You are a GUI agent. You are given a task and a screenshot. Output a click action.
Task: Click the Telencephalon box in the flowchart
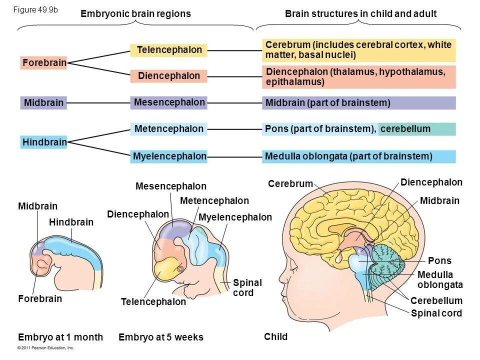pyautogui.click(x=169, y=50)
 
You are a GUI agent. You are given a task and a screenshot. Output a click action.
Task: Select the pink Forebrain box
pyautogui.click(x=44, y=63)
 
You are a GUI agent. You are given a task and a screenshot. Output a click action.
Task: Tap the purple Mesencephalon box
pyautogui.click(x=169, y=102)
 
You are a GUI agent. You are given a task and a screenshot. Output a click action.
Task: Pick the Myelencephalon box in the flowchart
pyautogui.click(x=169, y=156)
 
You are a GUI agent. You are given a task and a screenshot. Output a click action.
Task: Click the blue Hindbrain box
pyautogui.click(x=44, y=142)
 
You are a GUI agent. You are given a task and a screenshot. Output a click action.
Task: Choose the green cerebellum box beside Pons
pyautogui.click(x=416, y=129)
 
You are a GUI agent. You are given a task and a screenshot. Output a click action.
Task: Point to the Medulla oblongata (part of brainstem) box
pyautogui.click(x=358, y=156)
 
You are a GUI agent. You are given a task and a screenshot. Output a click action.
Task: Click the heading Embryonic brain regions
pyautogui.click(x=135, y=14)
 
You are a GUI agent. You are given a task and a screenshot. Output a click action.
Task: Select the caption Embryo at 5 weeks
pyautogui.click(x=161, y=337)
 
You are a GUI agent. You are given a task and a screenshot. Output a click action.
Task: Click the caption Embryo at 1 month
pyautogui.click(x=60, y=337)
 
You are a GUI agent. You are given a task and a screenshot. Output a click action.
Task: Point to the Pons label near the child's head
pyautogui.click(x=439, y=260)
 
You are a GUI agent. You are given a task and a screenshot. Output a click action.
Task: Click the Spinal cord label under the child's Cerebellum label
pyautogui.click(x=436, y=313)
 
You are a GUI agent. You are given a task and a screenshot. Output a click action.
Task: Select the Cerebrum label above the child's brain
pyautogui.click(x=290, y=184)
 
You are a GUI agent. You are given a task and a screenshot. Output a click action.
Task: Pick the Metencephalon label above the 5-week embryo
pyautogui.click(x=214, y=200)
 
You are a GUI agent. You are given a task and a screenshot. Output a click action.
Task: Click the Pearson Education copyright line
pyautogui.click(x=45, y=347)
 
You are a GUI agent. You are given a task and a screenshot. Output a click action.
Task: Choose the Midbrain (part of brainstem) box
pyautogui.click(x=358, y=103)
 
